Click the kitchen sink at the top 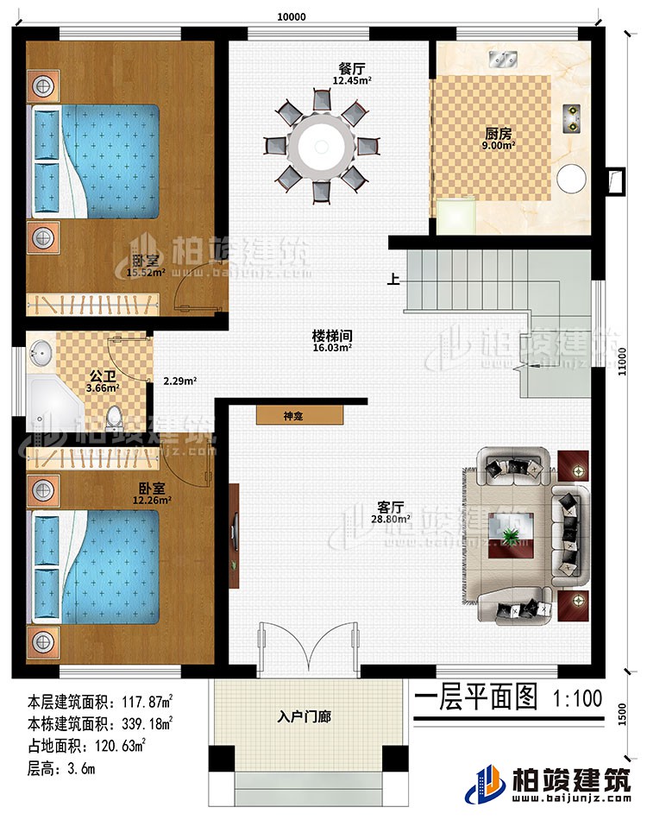[x=502, y=59]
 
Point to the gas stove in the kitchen [x=571, y=117]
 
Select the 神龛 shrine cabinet [x=298, y=415]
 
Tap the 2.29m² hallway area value [x=182, y=380]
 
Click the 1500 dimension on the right [x=634, y=716]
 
